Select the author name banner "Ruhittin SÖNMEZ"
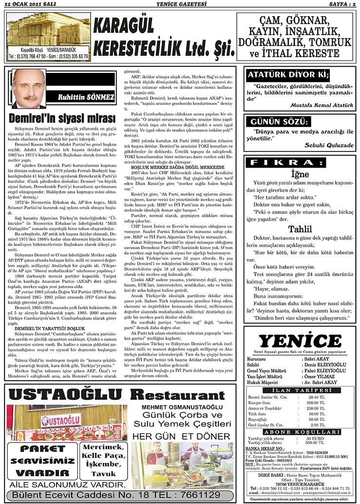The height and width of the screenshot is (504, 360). [86, 97]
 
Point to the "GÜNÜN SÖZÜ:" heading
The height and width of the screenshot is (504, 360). [274, 122]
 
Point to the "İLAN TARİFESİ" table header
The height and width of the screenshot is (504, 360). [300, 392]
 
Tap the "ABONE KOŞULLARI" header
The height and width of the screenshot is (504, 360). [300, 431]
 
